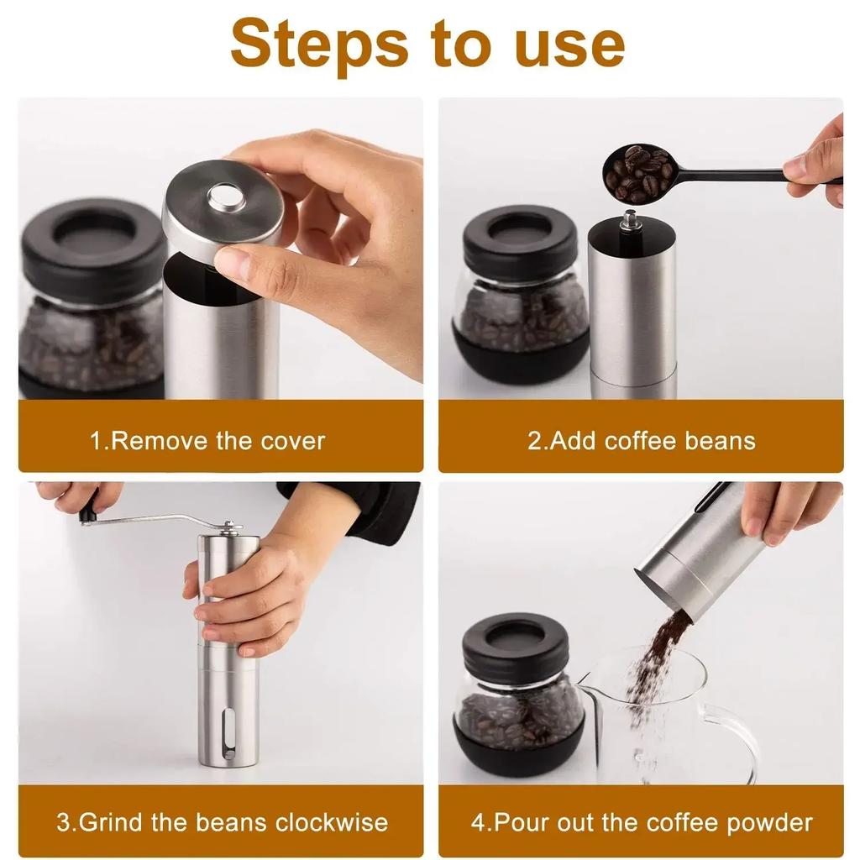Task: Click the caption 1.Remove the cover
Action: [x=207, y=440]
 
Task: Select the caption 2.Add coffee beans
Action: [x=641, y=440]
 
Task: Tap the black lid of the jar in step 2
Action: [x=520, y=232]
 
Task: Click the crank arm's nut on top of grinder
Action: [x=228, y=526]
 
